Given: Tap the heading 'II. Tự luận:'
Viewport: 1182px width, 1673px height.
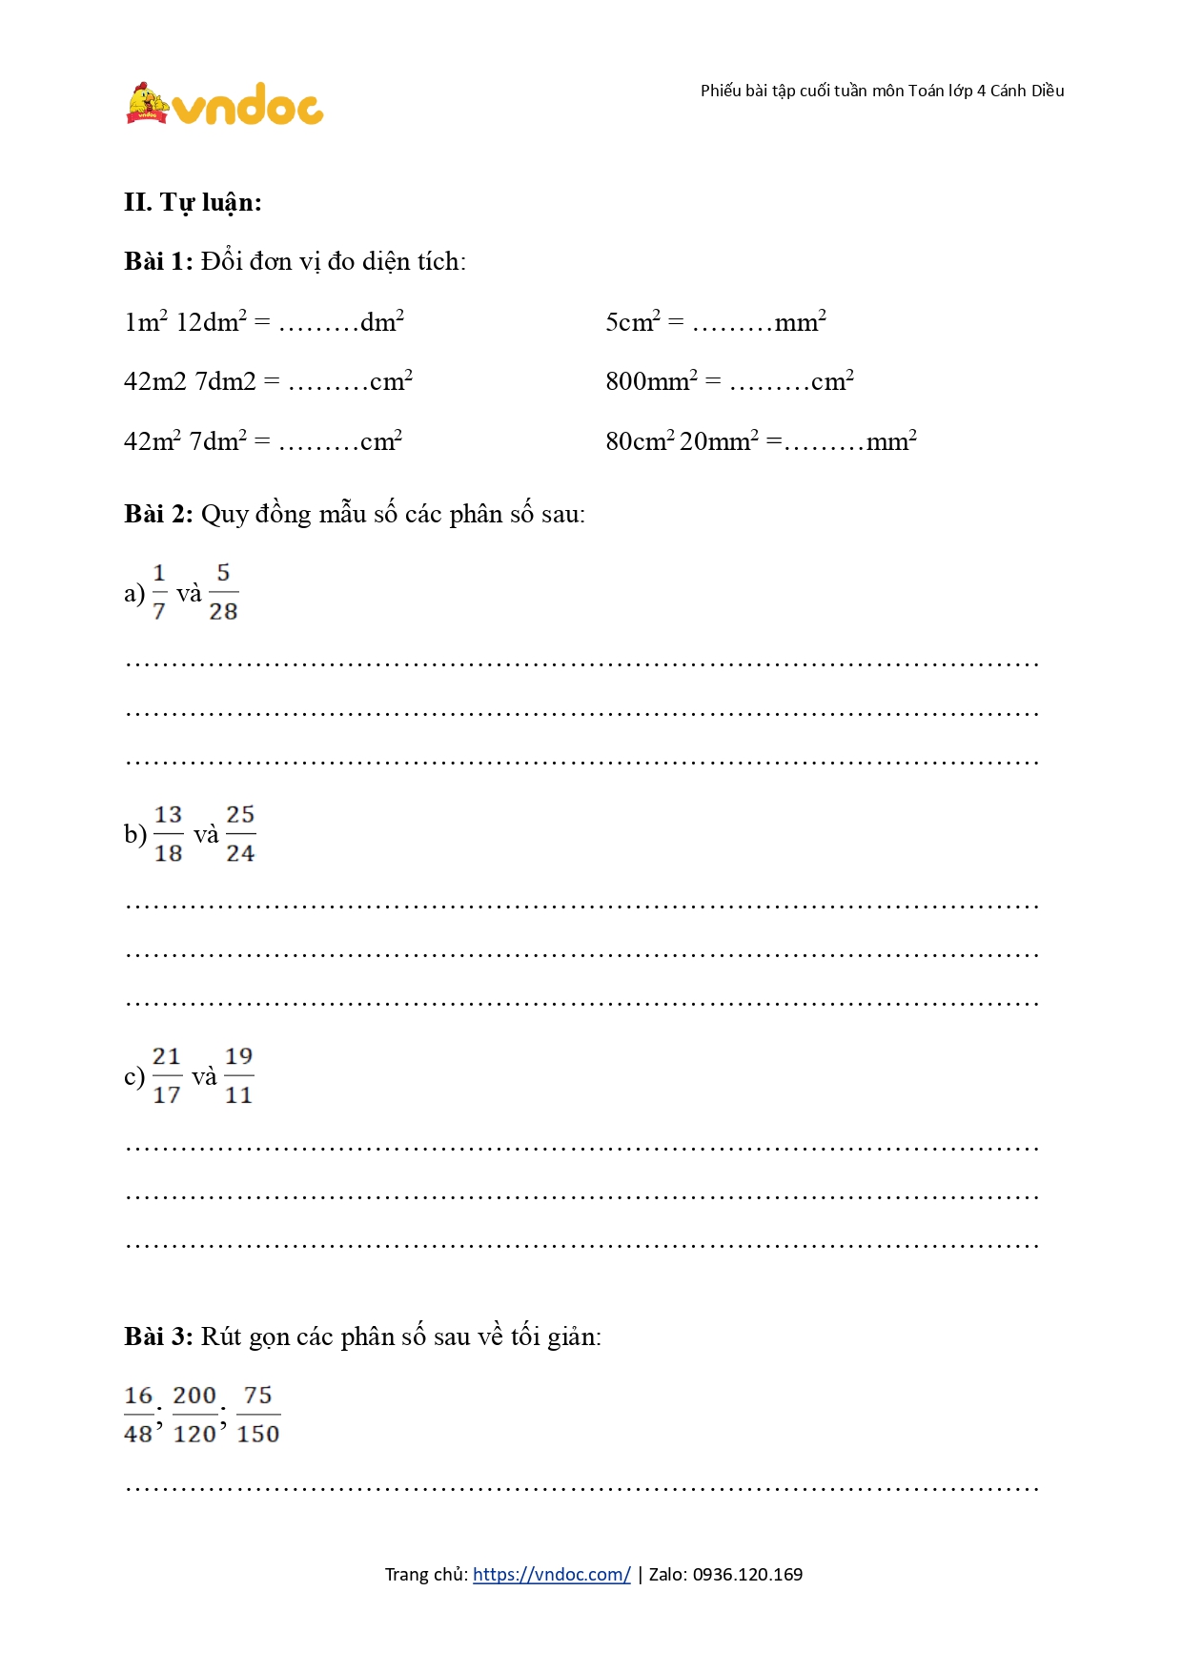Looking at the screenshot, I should [x=193, y=202].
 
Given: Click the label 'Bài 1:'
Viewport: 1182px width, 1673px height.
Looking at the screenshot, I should [x=158, y=261].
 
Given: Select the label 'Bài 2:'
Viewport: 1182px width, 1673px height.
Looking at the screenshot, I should [x=158, y=514].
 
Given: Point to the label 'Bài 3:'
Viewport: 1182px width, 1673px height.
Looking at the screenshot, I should [x=158, y=1336].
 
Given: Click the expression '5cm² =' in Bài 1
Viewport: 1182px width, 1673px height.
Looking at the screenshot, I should [x=644, y=322].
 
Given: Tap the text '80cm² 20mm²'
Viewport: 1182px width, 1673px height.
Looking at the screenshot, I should [x=683, y=441].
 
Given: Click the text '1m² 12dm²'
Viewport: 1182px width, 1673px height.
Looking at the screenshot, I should [x=186, y=322].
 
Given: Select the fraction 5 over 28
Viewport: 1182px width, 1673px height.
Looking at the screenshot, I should [x=223, y=592].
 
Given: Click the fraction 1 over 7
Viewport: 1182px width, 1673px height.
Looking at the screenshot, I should [x=159, y=592].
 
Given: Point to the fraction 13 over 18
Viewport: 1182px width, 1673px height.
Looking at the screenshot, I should [x=168, y=834].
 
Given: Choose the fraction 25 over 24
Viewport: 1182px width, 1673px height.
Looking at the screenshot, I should [x=240, y=834].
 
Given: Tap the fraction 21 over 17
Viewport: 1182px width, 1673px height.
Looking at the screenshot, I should [x=167, y=1075].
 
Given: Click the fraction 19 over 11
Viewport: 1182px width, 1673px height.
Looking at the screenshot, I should [x=238, y=1075].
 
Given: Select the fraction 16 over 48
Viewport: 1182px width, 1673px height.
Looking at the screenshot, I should [x=139, y=1415].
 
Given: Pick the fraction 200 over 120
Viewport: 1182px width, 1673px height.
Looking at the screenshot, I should [x=194, y=1415].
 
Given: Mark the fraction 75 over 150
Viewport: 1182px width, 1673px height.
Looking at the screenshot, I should [x=258, y=1415].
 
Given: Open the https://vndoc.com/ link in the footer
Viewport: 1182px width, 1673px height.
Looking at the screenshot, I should [x=551, y=1574].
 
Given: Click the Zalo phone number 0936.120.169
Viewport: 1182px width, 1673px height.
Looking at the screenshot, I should [x=747, y=1574].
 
